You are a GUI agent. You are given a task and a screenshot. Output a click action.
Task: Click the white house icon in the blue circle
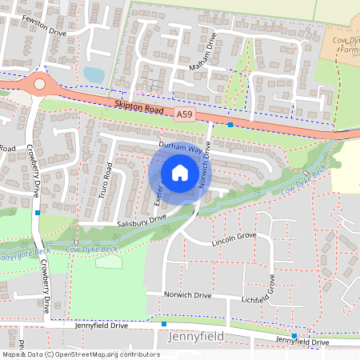pyautogui.click(x=180, y=172)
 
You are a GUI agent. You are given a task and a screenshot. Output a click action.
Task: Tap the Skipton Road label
pyautogui.click(x=138, y=106)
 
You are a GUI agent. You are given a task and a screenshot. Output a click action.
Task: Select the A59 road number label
pyautogui.click(x=185, y=116)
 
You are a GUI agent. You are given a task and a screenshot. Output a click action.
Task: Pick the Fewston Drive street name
pyautogui.click(x=44, y=30)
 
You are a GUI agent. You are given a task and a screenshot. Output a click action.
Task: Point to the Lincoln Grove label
pyautogui.click(x=234, y=238)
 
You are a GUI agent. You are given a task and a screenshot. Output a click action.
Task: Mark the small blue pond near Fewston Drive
pyautogui.click(x=94, y=74)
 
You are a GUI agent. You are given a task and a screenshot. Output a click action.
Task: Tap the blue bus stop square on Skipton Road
pyautogui.click(x=230, y=125)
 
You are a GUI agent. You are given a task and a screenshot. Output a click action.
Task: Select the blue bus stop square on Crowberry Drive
pyautogui.click(x=38, y=213)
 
